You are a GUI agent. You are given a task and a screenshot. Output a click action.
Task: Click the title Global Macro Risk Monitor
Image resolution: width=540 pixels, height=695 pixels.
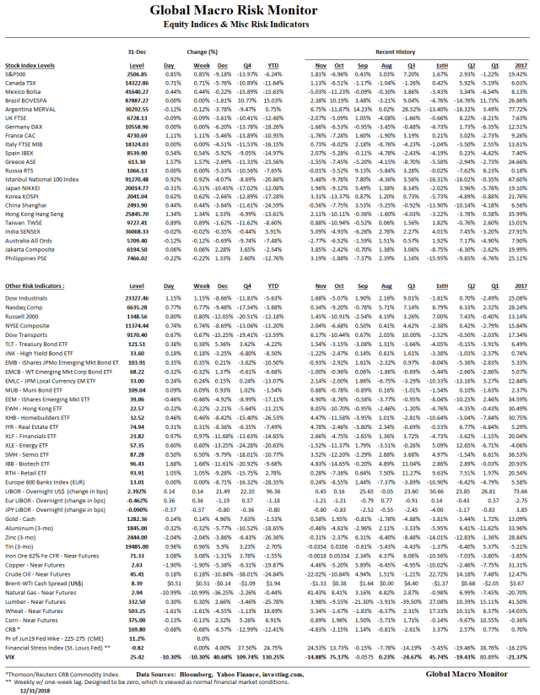click(x=269, y=11)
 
